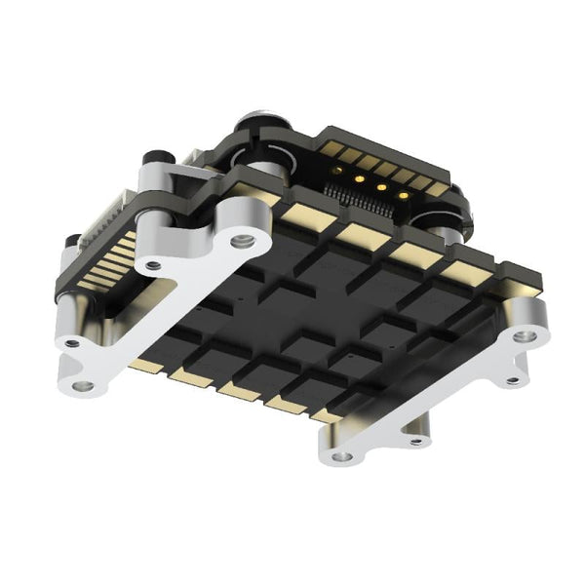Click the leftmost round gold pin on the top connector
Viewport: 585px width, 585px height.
[336, 170]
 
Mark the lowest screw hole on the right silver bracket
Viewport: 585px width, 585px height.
[341, 455]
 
